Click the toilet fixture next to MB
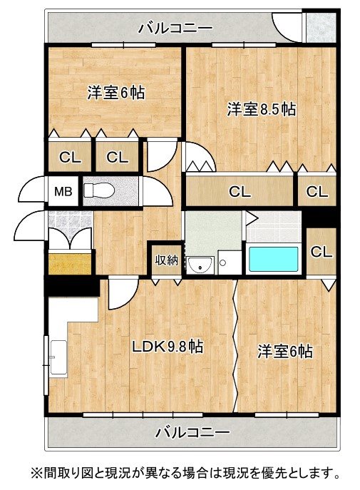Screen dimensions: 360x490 tap(98, 190)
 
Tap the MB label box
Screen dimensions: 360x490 tap(63, 191)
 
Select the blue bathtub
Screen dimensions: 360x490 tap(273, 260)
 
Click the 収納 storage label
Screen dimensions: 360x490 tap(167, 260)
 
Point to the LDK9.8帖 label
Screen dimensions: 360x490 tap(168, 346)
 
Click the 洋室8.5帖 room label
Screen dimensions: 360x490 tap(261, 109)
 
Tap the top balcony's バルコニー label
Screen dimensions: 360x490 tap(175, 29)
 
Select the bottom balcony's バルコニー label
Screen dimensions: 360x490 tap(192, 432)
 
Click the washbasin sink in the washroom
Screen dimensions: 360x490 tap(200, 265)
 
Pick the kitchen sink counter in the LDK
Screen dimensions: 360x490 tap(58, 357)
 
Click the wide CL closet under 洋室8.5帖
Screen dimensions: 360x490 tap(240, 191)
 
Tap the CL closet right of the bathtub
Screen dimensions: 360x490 tap(321, 252)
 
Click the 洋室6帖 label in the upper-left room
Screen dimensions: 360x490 tap(115, 92)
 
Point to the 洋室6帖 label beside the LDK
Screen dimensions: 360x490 tap(284, 351)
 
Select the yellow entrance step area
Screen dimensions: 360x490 tap(70, 264)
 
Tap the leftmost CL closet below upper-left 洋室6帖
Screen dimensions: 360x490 tap(70, 157)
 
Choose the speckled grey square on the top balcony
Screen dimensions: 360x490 tap(321, 27)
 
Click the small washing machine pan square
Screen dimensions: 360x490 tap(230, 262)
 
